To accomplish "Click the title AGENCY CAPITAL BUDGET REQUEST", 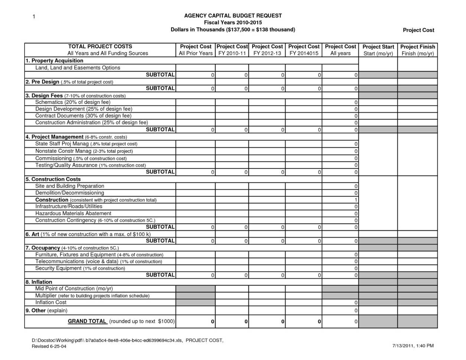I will [233, 16].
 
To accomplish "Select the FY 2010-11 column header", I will [232, 50].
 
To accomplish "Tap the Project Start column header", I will [378, 50].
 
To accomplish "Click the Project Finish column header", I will [417, 50].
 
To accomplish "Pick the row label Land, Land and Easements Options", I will [78, 68].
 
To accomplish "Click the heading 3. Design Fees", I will [44, 95].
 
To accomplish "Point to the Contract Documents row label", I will [83, 116].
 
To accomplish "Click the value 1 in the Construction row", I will [356, 200].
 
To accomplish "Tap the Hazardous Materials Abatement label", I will [73, 213].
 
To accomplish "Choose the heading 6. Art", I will [32, 234].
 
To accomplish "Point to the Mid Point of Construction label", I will [74, 288].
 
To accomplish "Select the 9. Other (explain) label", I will [46, 311].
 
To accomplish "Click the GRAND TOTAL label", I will [87, 321].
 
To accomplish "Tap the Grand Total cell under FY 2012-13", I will [283, 322].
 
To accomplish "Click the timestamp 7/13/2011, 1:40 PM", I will [413, 346].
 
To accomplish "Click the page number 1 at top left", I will [34, 17].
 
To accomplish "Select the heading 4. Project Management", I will [55, 137].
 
